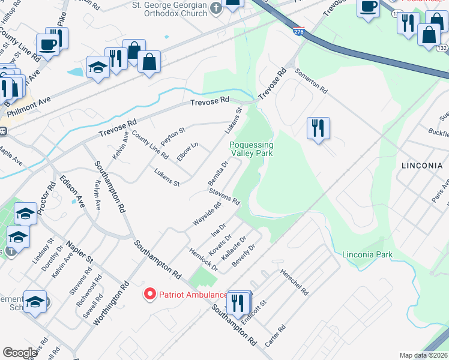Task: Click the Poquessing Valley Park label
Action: click(251, 149)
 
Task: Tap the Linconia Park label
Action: click(367, 255)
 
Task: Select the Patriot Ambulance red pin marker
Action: click(149, 294)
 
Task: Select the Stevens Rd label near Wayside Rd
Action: click(224, 196)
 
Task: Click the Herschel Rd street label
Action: click(294, 282)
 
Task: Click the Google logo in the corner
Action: click(20, 353)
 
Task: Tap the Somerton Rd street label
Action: click(311, 80)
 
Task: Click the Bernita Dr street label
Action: click(218, 173)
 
